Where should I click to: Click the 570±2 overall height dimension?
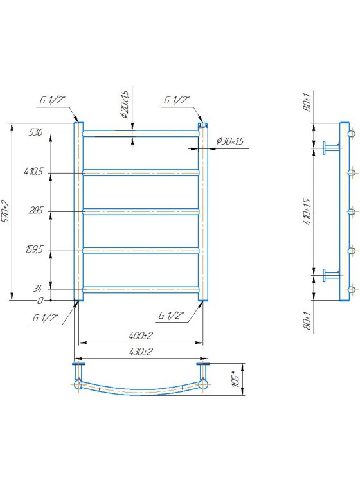click(5, 212)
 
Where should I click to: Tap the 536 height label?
click(35, 132)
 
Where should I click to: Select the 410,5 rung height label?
click(33, 171)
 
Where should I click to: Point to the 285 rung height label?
click(35, 210)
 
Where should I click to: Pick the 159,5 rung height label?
click(34, 249)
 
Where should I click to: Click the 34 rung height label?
click(37, 289)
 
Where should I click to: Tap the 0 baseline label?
click(40, 300)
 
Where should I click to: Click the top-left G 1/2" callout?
click(53, 100)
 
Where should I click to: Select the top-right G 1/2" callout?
click(177, 100)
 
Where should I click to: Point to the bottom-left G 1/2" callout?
click(46, 317)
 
